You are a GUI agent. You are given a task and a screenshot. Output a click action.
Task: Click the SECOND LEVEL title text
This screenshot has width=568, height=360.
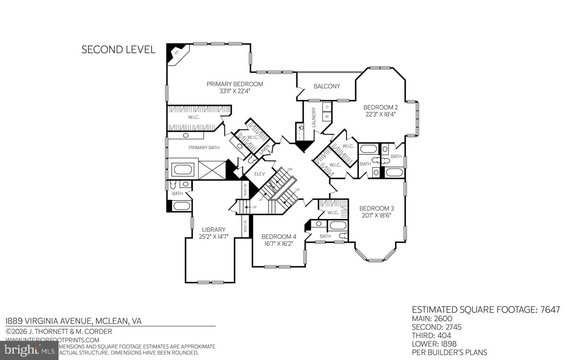tap(118, 50)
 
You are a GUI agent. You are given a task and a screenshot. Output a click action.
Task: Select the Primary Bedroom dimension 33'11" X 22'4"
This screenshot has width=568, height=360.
tap(235, 91)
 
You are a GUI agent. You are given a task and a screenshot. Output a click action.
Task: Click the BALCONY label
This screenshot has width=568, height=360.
tap(327, 86)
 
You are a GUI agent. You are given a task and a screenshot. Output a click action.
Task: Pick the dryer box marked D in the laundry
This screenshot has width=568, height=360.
tap(327, 107)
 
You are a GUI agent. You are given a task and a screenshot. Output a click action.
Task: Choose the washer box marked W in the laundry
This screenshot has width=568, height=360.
tap(327, 116)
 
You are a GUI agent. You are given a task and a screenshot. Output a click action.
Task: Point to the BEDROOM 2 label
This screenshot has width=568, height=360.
tap(380, 107)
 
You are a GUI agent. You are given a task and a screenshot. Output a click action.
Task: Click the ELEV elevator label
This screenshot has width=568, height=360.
tap(259, 174)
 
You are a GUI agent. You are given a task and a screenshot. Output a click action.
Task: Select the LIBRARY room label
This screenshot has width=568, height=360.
tap(213, 229)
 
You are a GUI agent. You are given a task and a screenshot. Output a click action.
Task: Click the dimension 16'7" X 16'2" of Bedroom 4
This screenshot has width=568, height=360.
tap(278, 244)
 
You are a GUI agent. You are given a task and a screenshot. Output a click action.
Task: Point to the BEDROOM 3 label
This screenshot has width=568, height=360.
tap(376, 209)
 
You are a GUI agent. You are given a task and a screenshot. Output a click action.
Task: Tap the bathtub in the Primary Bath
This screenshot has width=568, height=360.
tap(183, 170)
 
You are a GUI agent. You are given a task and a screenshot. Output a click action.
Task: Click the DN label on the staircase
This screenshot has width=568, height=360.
tap(290, 169)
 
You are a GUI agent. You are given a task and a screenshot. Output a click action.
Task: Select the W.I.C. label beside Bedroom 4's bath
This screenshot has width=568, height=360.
tap(333, 213)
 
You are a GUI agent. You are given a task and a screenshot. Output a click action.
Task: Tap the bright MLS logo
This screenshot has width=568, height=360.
tap(29, 350)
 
